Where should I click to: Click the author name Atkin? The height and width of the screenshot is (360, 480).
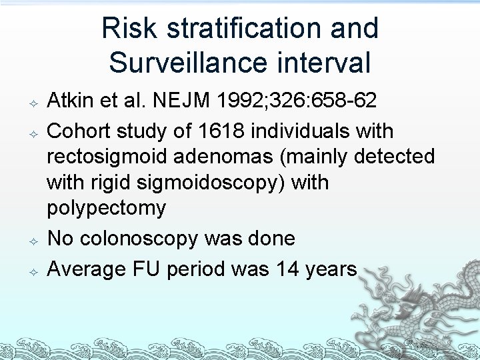point(70,101)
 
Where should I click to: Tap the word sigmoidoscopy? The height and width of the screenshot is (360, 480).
point(211,183)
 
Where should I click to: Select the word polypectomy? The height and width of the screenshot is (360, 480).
point(106,208)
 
